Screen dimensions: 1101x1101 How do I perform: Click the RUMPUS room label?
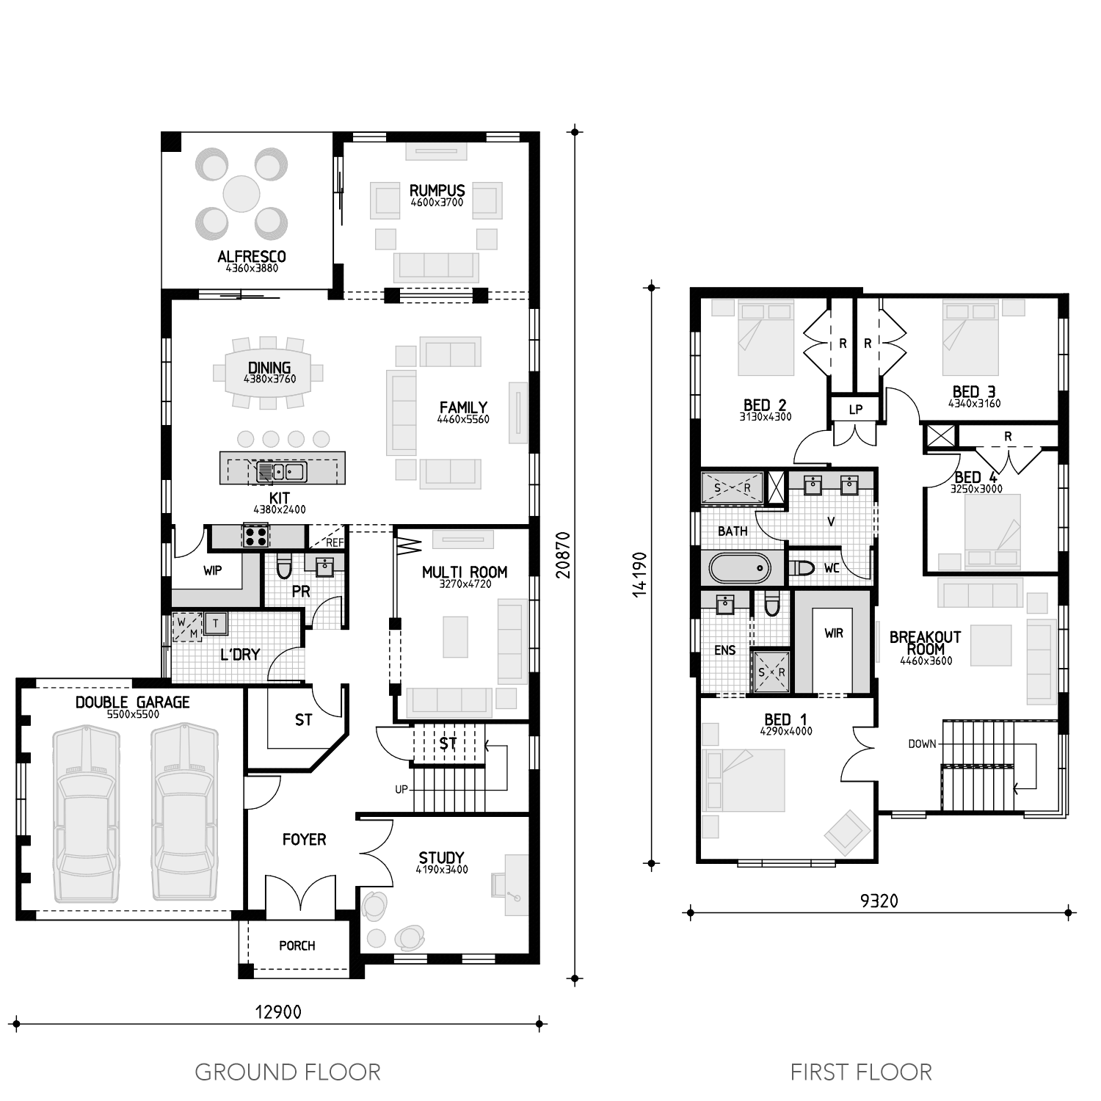(437, 191)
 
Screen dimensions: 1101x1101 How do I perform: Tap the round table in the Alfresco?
(241, 194)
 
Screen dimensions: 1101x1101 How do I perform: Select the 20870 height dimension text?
(563, 555)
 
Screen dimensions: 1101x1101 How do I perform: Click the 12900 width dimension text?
(277, 1012)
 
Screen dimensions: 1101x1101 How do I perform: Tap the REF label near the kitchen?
(334, 543)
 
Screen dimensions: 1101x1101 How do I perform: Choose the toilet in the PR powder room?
(284, 567)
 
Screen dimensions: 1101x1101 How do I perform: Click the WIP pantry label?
(212, 570)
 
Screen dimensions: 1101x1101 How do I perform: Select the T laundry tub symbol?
(216, 624)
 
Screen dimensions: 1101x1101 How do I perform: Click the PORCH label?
(297, 945)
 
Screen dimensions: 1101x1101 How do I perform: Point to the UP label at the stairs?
(401, 790)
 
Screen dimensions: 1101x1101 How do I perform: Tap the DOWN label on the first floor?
(922, 744)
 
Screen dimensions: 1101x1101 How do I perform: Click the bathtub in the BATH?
(740, 568)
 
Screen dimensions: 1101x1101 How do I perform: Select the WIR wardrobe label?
(834, 633)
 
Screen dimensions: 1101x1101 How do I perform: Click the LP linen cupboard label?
(855, 410)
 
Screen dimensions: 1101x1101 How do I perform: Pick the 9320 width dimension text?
(879, 901)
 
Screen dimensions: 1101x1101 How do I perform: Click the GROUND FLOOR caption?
(288, 1072)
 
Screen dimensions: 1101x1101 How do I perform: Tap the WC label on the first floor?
(831, 568)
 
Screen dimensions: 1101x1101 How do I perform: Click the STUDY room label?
(441, 857)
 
